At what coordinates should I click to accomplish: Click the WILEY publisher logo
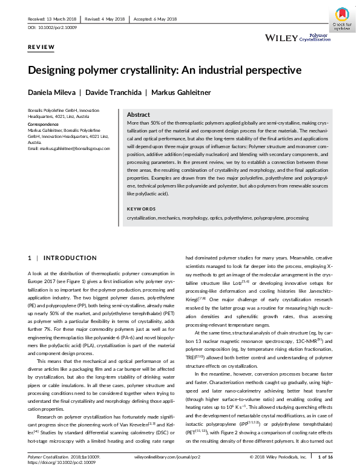281,38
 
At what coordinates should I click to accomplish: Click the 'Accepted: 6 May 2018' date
155,19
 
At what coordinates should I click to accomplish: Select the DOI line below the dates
53,28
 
